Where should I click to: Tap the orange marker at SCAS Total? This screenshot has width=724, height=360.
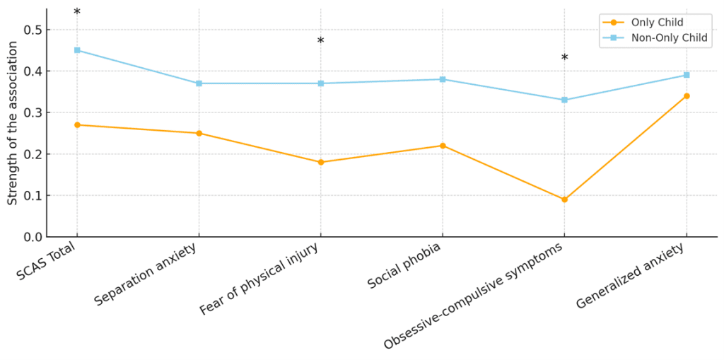point(77,125)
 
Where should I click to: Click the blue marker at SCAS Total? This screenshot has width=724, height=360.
point(77,50)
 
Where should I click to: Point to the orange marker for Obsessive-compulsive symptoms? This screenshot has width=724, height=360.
point(564,199)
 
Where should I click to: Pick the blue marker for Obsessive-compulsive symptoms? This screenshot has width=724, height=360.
point(564,100)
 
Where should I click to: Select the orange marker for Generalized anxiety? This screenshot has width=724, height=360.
point(687,96)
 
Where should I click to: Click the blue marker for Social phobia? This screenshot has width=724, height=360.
point(443,79)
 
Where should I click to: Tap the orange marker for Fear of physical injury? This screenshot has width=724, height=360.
point(321,162)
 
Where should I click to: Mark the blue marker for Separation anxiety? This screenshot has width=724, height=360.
point(199,83)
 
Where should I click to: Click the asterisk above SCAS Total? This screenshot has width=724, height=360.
point(77,12)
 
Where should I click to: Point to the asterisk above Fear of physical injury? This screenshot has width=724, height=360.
point(321,42)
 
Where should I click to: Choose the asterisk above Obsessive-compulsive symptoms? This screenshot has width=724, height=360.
point(564,58)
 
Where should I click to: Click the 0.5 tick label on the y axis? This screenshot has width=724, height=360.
point(33,30)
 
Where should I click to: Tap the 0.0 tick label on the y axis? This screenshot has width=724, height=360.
point(33,237)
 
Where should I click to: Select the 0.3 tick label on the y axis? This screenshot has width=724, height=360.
point(33,112)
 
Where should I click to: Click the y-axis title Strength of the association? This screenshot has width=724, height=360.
point(13,123)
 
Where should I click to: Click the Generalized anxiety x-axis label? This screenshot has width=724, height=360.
point(631,276)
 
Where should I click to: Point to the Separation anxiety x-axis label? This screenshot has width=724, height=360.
point(146,276)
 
